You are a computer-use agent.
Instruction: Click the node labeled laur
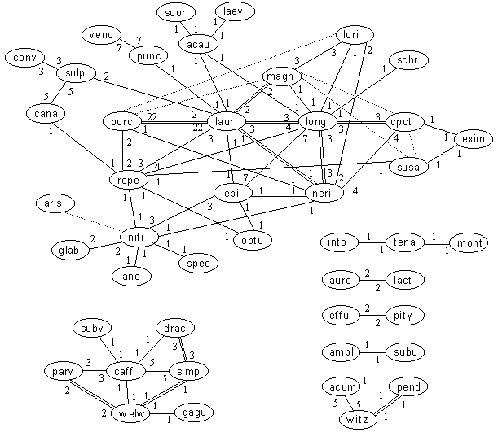click(x=227, y=122)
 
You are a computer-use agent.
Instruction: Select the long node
click(x=314, y=122)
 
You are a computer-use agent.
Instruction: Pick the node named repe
click(x=127, y=180)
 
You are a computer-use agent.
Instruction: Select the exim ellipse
click(x=473, y=138)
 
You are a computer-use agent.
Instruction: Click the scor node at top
click(x=175, y=14)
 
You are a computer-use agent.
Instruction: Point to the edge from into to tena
click(x=368, y=242)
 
